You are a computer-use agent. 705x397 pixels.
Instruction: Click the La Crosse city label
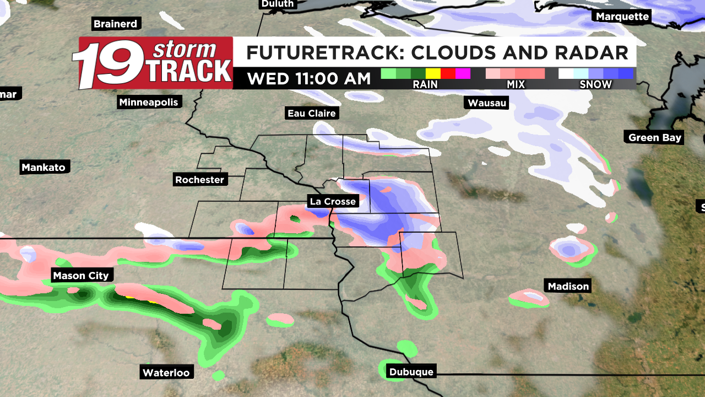pos(333,201)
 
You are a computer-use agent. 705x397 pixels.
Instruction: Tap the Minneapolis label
pos(149,102)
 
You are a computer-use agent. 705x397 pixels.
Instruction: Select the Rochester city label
pos(199,180)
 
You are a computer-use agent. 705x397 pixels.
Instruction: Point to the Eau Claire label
pos(312,113)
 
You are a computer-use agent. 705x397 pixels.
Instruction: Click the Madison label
pos(568,286)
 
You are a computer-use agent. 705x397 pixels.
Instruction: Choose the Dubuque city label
pos(411,372)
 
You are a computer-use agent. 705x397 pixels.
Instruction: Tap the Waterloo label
pos(166,373)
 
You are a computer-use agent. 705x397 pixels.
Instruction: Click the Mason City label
pos(81,276)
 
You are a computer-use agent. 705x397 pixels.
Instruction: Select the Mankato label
pos(44,167)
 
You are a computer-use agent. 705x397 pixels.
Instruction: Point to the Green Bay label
pos(655,137)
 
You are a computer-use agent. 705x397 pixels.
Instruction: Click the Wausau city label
pos(487,103)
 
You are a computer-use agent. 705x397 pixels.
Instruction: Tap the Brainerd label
pos(115,24)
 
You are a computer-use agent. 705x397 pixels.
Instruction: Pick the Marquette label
pos(622,17)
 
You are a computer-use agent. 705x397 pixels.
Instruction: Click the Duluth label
pos(278,4)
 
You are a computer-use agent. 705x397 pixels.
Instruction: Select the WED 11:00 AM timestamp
pos(308,79)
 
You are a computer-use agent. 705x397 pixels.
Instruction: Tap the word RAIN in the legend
pos(425,84)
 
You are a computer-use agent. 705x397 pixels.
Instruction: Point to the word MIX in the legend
pos(514,84)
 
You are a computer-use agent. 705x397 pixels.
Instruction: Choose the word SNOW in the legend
pos(595,84)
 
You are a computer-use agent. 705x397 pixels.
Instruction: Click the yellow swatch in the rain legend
pos(433,73)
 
